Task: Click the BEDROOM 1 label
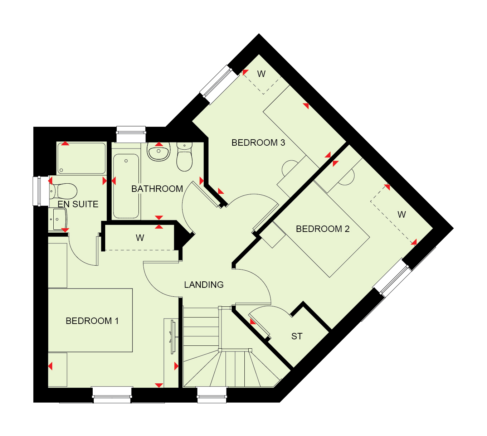coord(92,321)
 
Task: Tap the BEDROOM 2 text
coord(323,229)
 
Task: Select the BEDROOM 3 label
coord(258,142)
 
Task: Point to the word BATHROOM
coord(157,189)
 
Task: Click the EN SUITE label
coord(78,204)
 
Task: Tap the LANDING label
coord(204,285)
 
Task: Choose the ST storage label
coord(297,336)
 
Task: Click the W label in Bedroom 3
coord(261,74)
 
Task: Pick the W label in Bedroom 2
coord(402,214)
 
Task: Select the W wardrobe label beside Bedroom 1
coord(140,238)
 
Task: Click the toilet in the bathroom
coord(184,156)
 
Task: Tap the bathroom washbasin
coord(159,151)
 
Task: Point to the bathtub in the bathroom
coord(126,186)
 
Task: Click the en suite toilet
coord(63,191)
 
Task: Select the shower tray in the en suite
coord(82,158)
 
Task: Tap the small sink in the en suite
coord(58,219)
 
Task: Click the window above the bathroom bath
coord(131,134)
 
